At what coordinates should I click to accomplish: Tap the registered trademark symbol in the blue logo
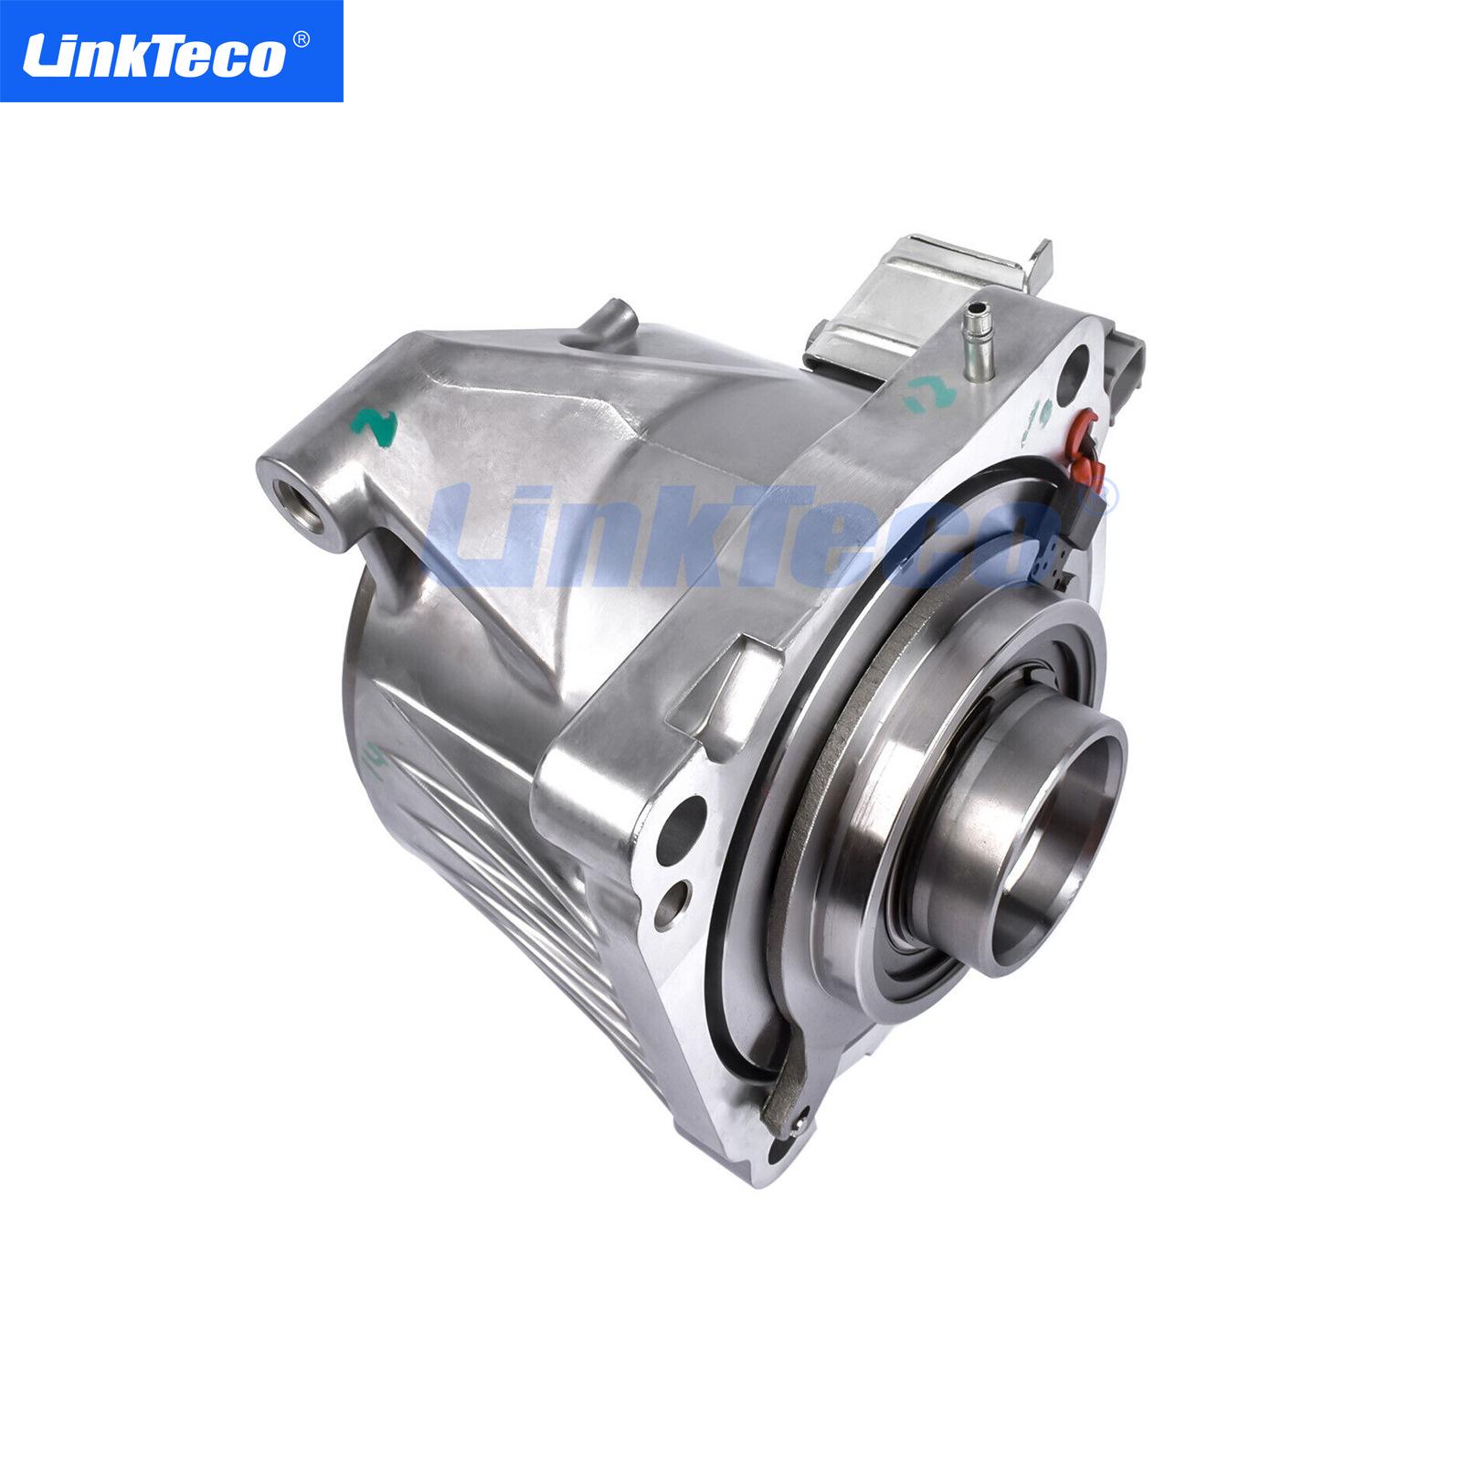click(301, 39)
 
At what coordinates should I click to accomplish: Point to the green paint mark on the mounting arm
click(376, 426)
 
